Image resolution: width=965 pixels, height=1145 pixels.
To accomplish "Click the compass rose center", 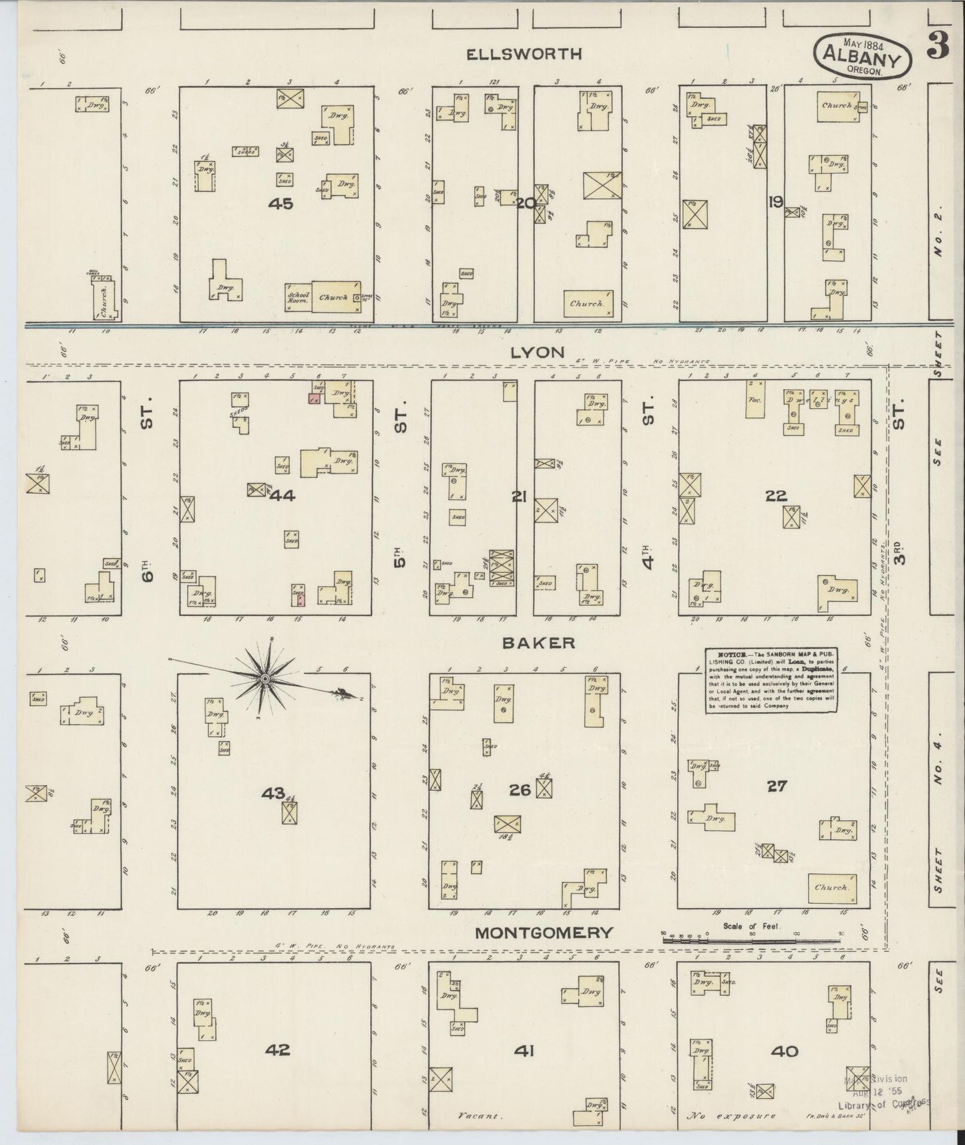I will [264, 679].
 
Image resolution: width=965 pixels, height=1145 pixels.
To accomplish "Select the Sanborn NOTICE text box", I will [771, 679].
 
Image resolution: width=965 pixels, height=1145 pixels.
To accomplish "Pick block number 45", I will [280, 204].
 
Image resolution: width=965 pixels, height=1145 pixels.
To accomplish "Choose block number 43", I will [273, 793].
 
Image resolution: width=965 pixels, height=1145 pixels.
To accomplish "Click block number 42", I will [277, 1049].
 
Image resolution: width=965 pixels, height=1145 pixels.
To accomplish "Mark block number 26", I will [520, 790].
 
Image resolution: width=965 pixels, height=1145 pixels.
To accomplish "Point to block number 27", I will [777, 786].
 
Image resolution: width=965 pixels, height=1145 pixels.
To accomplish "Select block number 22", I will [777, 496].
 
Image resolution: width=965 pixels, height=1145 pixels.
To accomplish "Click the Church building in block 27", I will [831, 888].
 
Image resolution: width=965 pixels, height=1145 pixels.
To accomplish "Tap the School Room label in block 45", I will [298, 298].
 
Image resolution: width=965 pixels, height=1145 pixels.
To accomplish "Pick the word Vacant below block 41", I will [479, 1116].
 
